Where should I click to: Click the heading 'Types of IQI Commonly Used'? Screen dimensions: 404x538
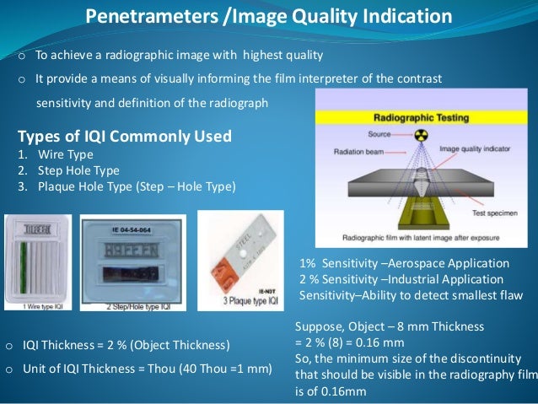tap(125, 137)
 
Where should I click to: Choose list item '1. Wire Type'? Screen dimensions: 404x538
tap(50, 155)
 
